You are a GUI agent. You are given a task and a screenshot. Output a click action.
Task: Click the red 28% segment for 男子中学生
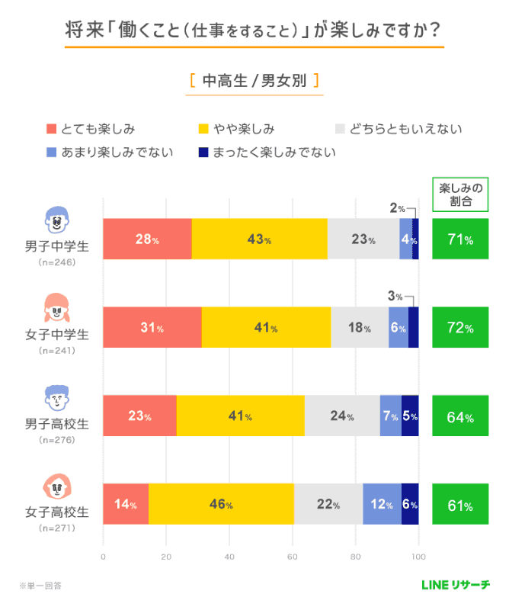tap(147, 239)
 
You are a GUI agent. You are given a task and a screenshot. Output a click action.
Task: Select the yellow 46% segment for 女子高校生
tap(221, 505)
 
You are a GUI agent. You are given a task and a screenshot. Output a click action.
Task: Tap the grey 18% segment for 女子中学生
tap(360, 328)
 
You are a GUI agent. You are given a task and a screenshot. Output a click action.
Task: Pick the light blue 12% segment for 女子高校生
tap(382, 505)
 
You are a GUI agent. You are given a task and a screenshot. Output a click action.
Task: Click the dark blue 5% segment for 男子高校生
tap(410, 416)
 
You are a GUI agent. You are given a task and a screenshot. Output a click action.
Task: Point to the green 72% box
tap(460, 328)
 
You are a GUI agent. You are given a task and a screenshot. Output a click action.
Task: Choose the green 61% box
tap(460, 505)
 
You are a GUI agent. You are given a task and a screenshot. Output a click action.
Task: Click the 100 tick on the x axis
tap(418, 557)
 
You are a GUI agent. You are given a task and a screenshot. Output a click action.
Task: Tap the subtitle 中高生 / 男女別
tap(254, 81)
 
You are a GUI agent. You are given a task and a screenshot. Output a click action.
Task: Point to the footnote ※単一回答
tap(41, 586)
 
